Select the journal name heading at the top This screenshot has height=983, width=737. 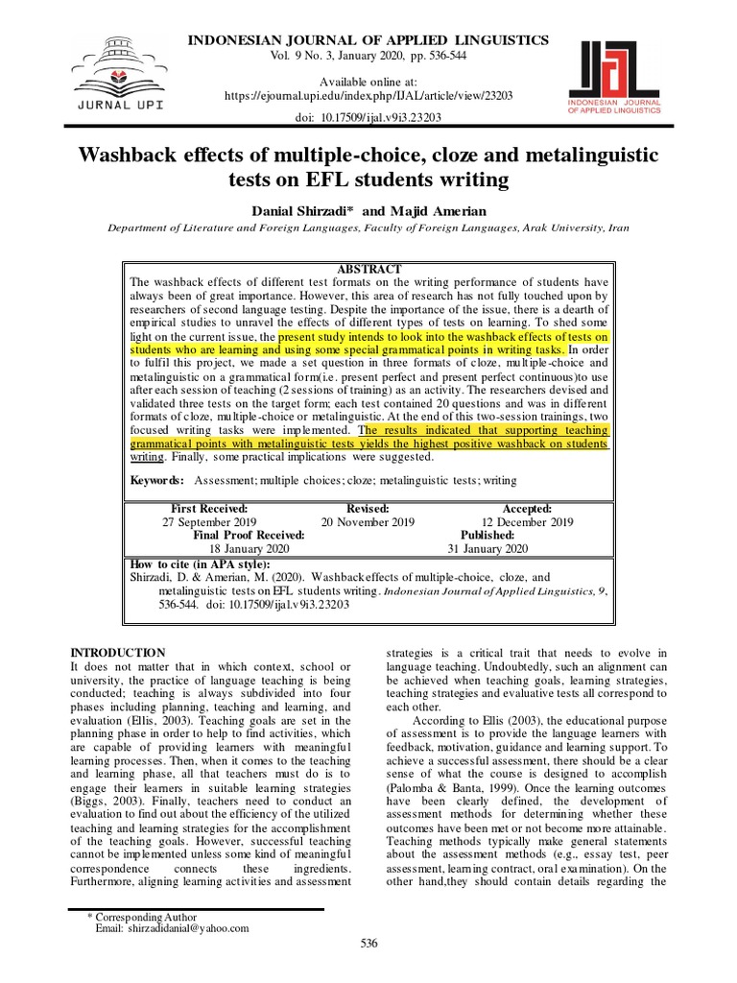(x=368, y=39)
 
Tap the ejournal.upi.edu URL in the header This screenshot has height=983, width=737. (x=368, y=97)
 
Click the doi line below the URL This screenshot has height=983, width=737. (x=368, y=118)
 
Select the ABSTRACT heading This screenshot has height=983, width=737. (x=368, y=269)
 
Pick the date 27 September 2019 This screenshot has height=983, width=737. (x=209, y=522)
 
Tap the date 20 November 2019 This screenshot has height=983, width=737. (x=368, y=522)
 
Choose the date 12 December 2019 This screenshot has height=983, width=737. (x=527, y=522)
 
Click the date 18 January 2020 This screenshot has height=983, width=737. (x=249, y=549)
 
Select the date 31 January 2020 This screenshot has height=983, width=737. (x=487, y=549)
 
